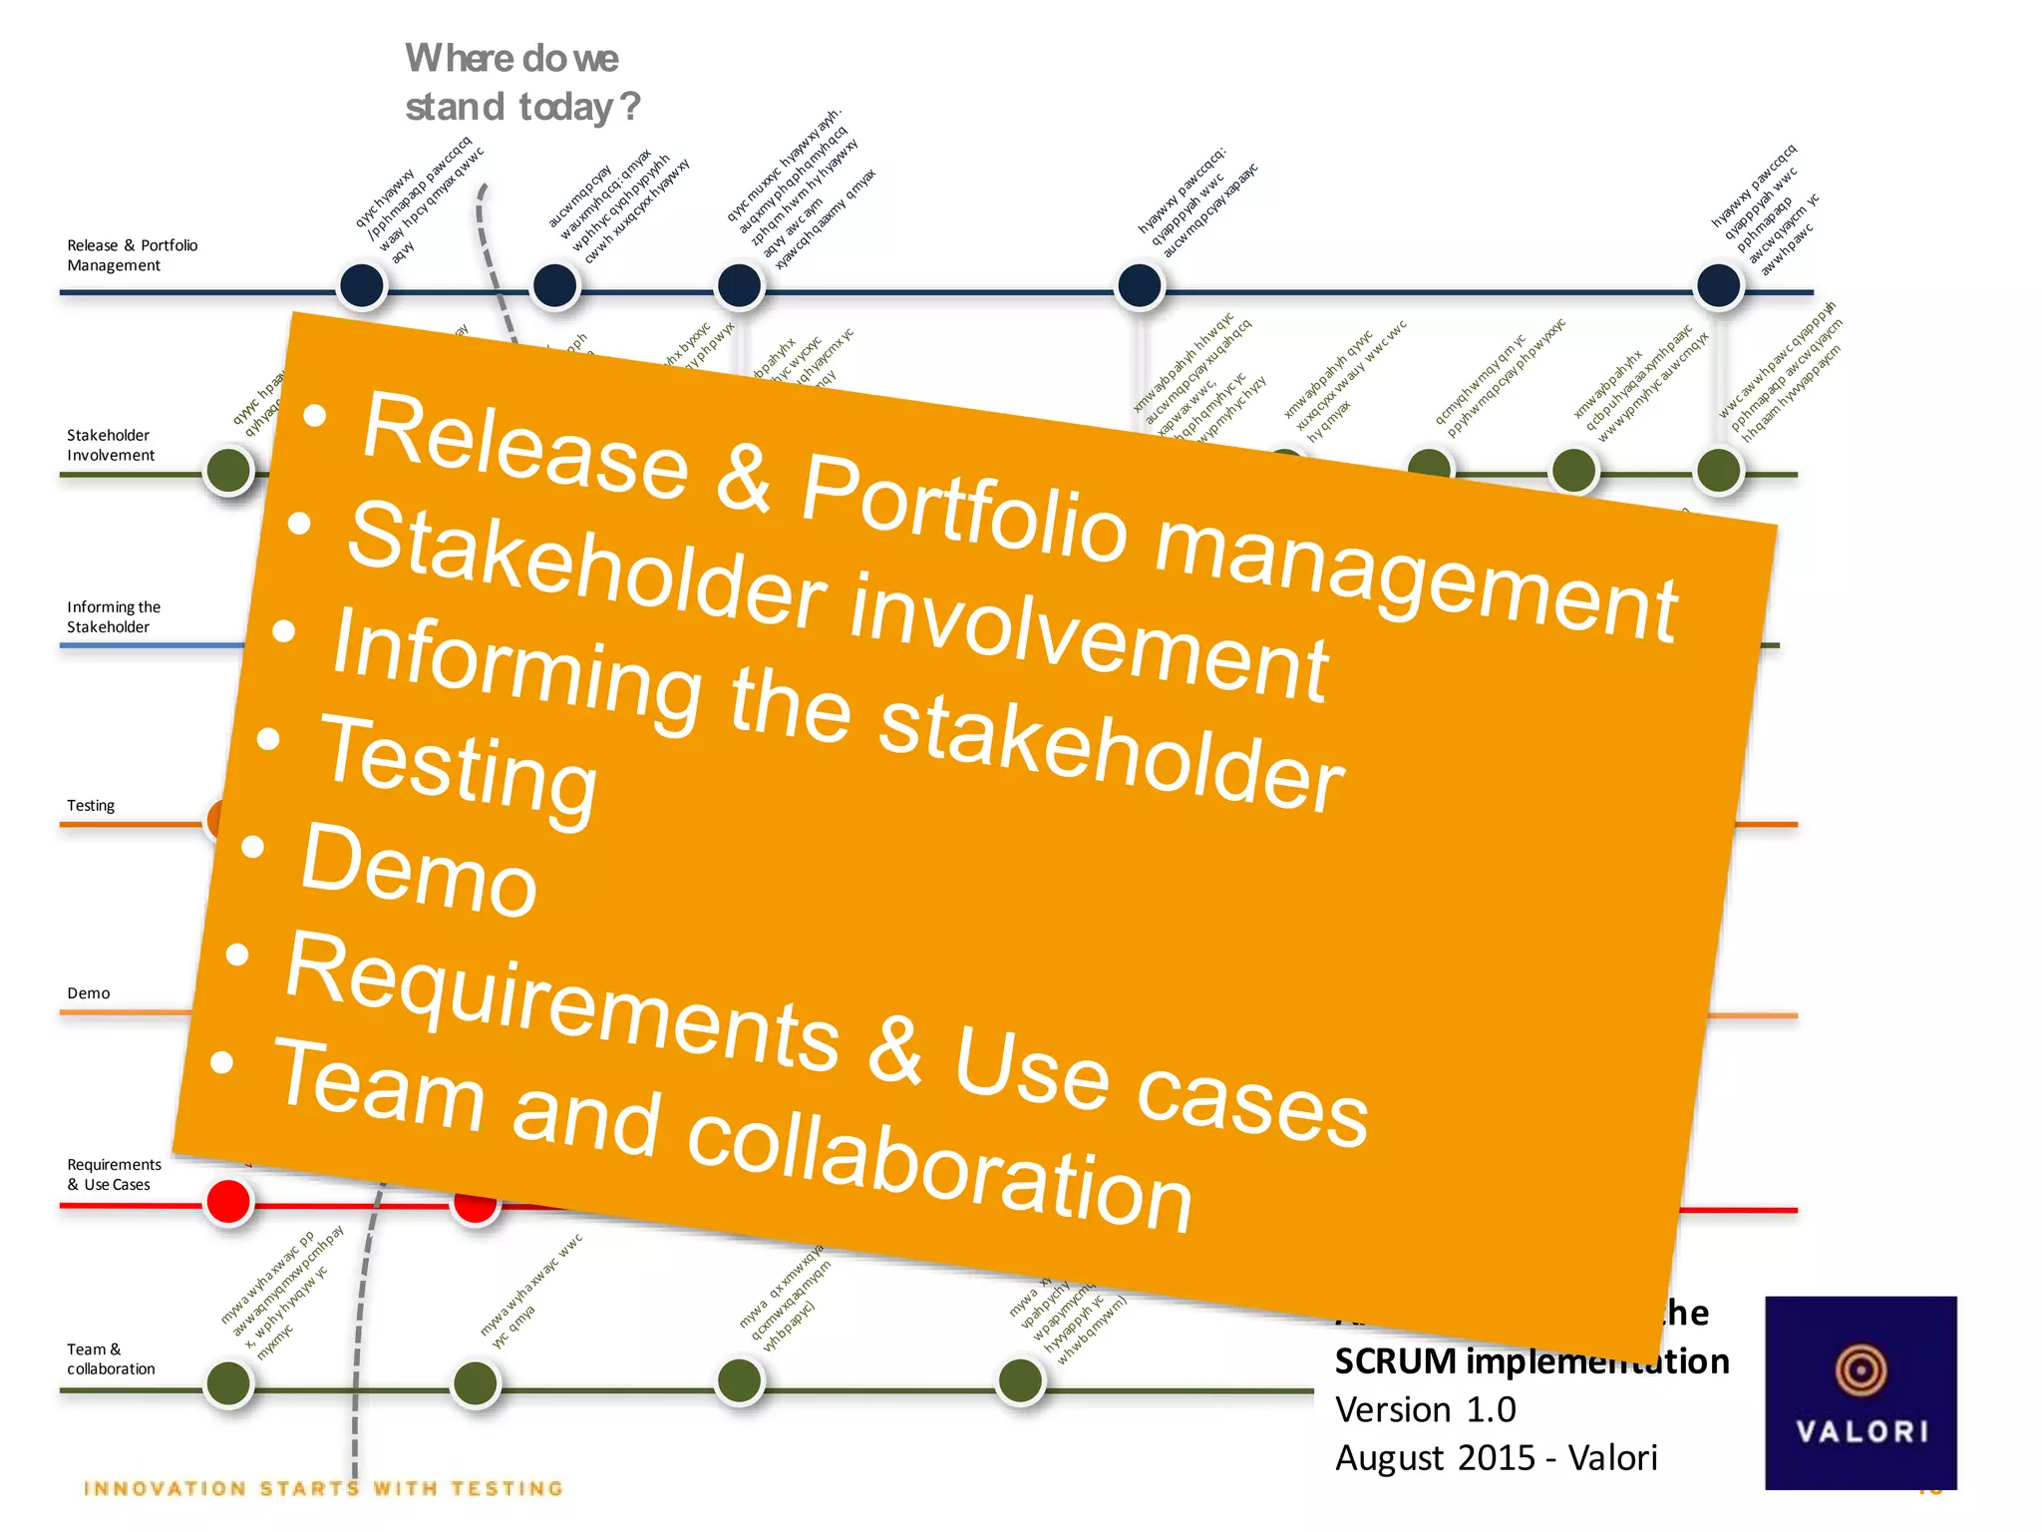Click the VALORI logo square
[x=1860, y=1392]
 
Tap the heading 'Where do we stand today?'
[x=520, y=83]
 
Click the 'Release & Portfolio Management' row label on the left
[x=132, y=255]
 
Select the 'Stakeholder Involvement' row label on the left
[x=110, y=445]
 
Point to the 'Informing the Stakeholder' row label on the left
[x=113, y=616]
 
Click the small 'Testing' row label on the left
[x=91, y=805]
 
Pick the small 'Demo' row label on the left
[x=89, y=992]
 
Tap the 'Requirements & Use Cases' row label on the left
[x=113, y=1174]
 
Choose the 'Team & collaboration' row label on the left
[x=110, y=1358]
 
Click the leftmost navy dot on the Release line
[x=362, y=286]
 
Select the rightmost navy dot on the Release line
[x=1718, y=286]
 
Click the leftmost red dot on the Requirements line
[x=228, y=1202]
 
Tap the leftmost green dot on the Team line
[x=228, y=1383]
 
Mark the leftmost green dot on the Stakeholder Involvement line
[x=228, y=470]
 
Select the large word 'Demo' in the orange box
[x=419, y=873]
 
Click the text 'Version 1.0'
[x=1425, y=1409]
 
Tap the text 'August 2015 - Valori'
[x=1496, y=1457]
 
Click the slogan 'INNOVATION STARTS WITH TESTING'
[x=324, y=1488]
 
